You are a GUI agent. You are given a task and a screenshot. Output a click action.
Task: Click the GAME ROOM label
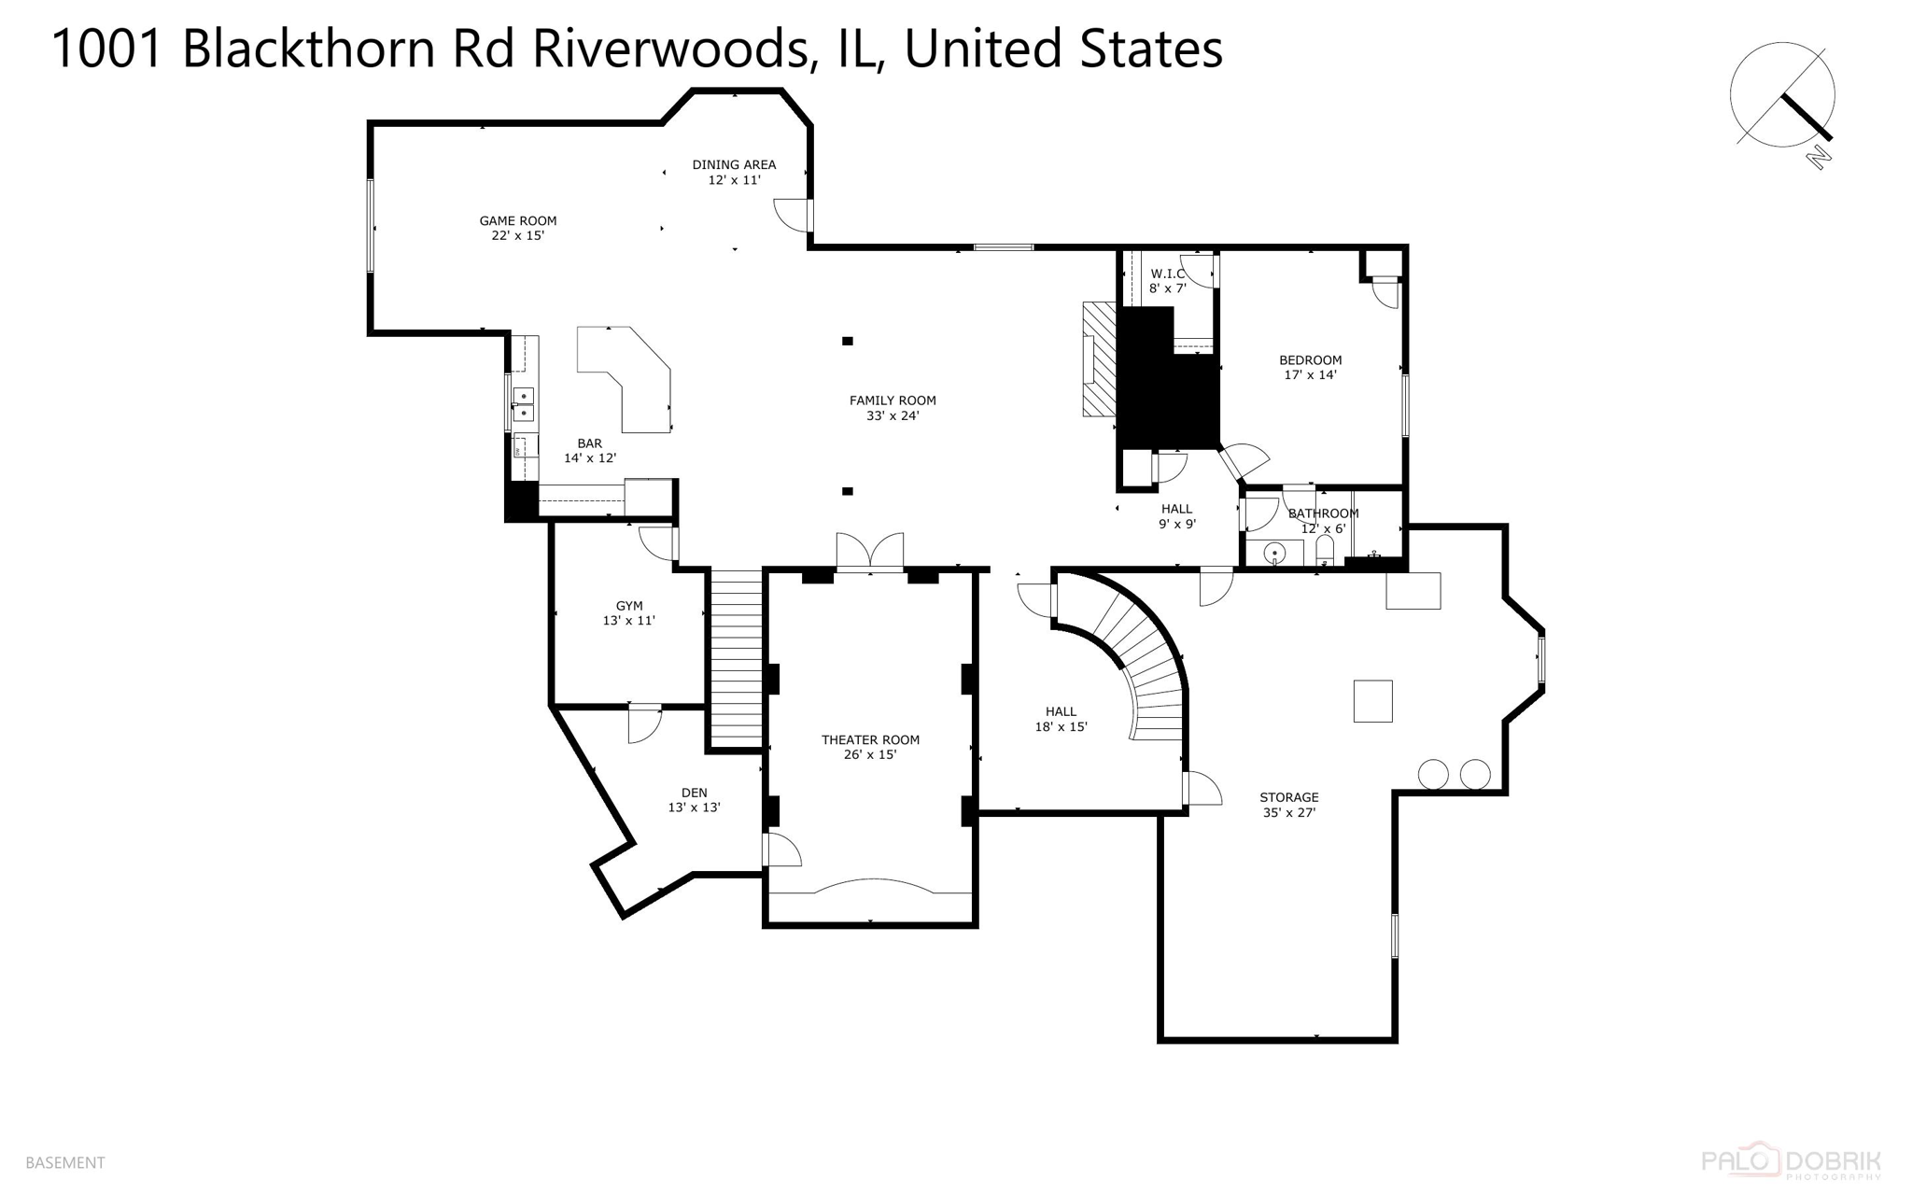(x=517, y=221)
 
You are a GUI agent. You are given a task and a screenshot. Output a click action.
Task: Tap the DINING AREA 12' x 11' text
(x=734, y=173)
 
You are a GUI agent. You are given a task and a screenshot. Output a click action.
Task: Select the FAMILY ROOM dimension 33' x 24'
(x=893, y=416)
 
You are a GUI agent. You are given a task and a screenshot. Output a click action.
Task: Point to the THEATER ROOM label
(x=870, y=739)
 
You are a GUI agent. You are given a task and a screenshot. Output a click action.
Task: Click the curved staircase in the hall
(x=1139, y=653)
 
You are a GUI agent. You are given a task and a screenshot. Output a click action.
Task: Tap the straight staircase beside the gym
(x=737, y=657)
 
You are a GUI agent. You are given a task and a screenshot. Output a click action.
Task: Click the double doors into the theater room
(x=870, y=552)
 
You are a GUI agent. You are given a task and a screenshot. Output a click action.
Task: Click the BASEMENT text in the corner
(x=65, y=1162)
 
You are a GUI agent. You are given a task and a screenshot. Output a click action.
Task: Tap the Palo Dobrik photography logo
(x=1791, y=1162)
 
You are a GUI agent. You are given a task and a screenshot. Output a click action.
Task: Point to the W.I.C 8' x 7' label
(x=1167, y=281)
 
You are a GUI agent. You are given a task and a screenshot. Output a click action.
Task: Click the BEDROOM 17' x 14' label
(x=1310, y=367)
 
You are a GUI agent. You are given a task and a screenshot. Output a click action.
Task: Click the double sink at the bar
(x=524, y=404)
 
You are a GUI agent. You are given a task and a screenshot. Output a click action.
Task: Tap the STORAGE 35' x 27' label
(x=1288, y=805)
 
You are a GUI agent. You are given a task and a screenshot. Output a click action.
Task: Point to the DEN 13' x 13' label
(x=694, y=800)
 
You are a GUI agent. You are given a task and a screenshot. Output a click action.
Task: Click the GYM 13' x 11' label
(x=628, y=613)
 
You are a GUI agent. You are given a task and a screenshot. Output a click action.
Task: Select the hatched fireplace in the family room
(x=1099, y=359)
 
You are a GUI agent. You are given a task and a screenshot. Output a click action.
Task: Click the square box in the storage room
(x=1372, y=701)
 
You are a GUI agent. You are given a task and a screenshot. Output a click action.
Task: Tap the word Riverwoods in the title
(x=669, y=49)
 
